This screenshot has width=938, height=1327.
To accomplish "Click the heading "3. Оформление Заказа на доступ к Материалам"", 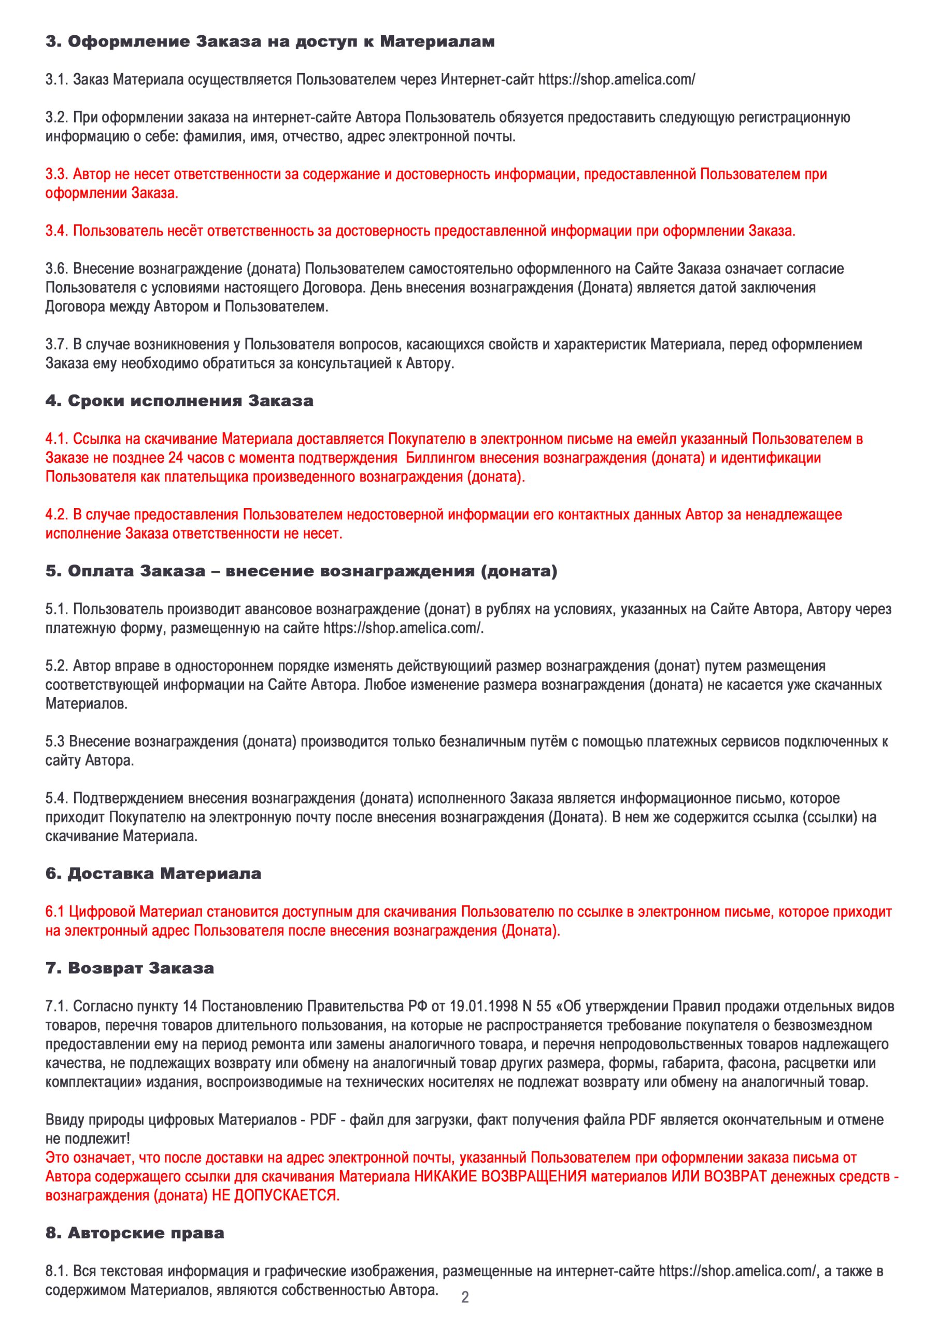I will click(269, 41).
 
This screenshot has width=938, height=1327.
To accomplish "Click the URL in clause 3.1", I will click(616, 80).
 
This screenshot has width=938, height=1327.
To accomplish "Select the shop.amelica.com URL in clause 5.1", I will click(403, 628).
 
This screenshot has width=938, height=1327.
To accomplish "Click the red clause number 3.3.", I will click(56, 174).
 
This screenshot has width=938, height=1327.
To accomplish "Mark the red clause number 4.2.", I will click(56, 514).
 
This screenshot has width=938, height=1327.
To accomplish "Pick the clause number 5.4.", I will click(56, 798).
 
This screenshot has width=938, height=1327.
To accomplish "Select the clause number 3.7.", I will click(56, 345).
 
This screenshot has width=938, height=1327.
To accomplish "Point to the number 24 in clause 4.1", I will click(175, 458).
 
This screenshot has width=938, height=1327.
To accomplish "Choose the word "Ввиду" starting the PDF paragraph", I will click(64, 1120).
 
